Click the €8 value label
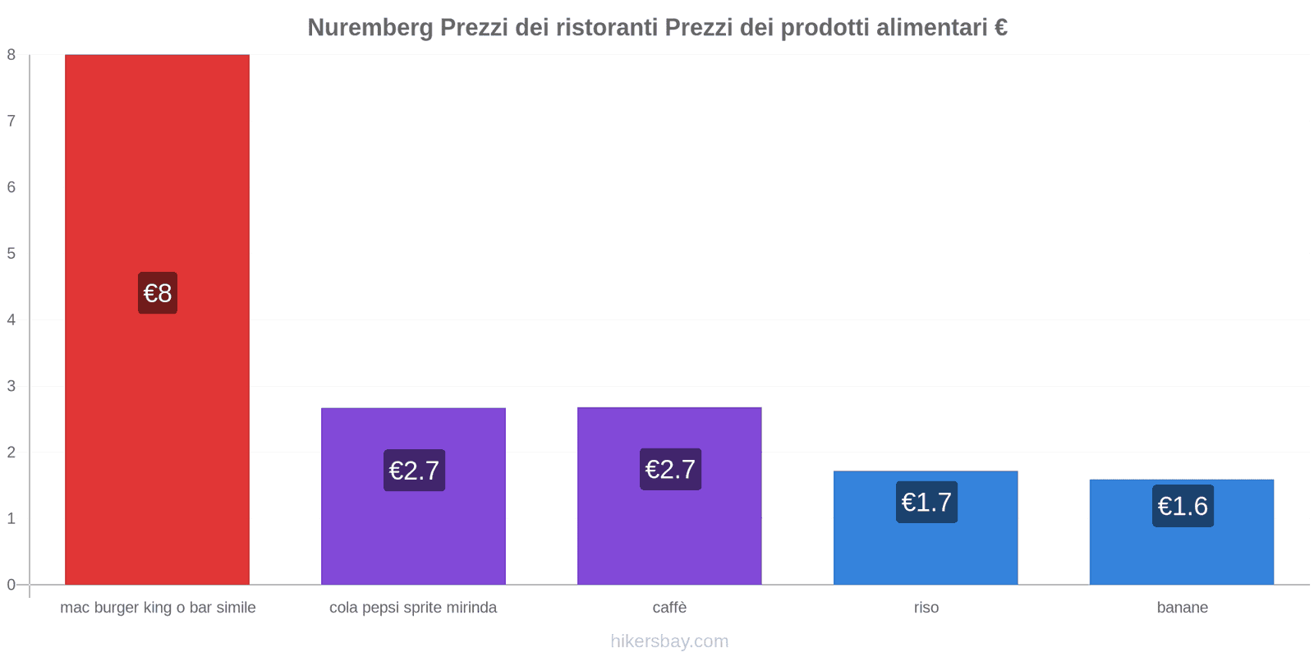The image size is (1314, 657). point(158,293)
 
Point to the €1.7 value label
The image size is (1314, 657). point(926,502)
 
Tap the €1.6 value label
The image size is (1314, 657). point(1183,506)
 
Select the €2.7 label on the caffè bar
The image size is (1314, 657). point(670,469)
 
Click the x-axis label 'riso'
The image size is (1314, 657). point(926,608)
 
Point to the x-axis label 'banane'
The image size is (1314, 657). point(1183,608)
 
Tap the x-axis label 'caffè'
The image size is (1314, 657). point(669,608)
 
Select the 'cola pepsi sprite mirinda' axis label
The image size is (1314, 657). point(413,608)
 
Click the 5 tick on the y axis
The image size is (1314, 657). point(11,253)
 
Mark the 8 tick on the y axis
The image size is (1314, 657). point(11,55)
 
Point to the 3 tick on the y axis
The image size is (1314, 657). point(11,386)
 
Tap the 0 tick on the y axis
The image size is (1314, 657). point(11,585)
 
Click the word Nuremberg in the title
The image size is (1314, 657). point(370,28)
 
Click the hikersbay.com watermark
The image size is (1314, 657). point(669,641)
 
